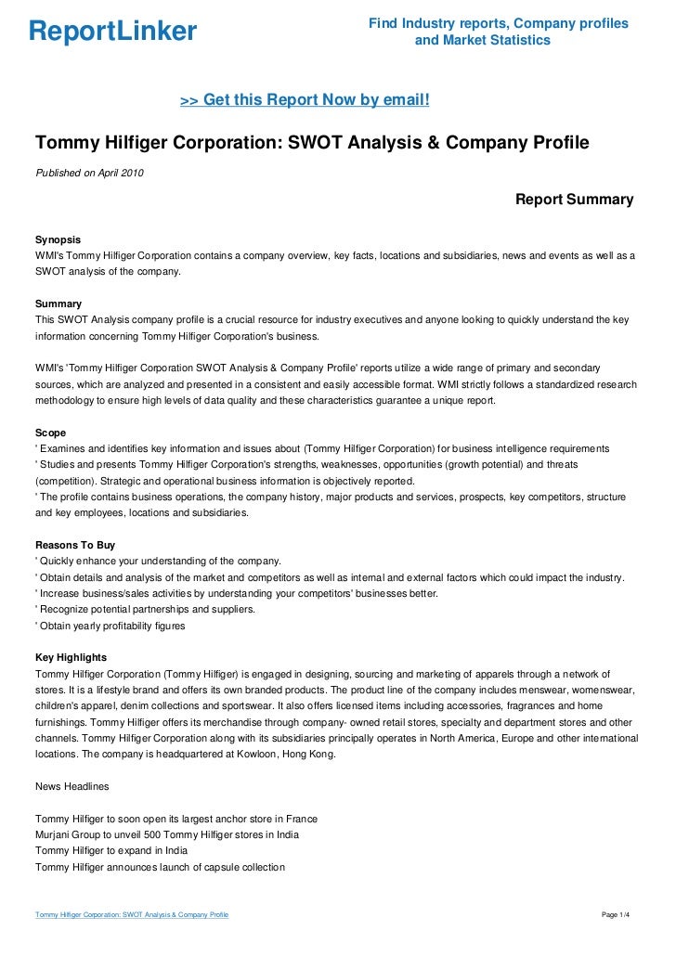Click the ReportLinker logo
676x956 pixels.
112,32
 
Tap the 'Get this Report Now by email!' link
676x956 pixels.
305,99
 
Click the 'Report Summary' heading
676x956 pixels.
574,200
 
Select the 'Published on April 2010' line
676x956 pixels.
89,173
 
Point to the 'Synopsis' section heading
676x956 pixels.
58,239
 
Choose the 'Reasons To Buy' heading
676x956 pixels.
74,545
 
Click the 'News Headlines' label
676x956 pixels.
71,786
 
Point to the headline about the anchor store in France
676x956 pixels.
175,819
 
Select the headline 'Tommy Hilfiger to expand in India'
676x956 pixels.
110,850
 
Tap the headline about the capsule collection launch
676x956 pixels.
159,867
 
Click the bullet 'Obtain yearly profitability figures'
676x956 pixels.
110,626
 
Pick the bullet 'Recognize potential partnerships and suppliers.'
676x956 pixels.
133,610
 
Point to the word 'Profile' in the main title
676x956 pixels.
554,144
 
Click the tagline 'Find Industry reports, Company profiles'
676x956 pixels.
499,22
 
